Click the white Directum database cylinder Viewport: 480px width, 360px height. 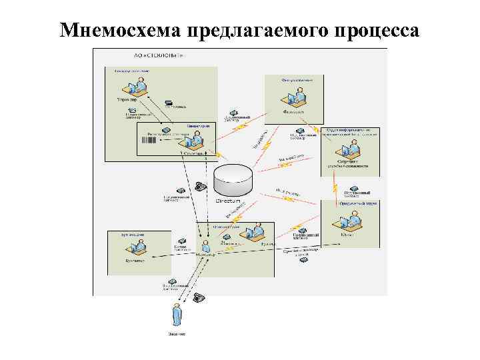click(234, 179)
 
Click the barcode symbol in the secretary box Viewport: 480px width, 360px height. click(143, 142)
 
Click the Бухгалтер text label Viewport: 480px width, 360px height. click(133, 261)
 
